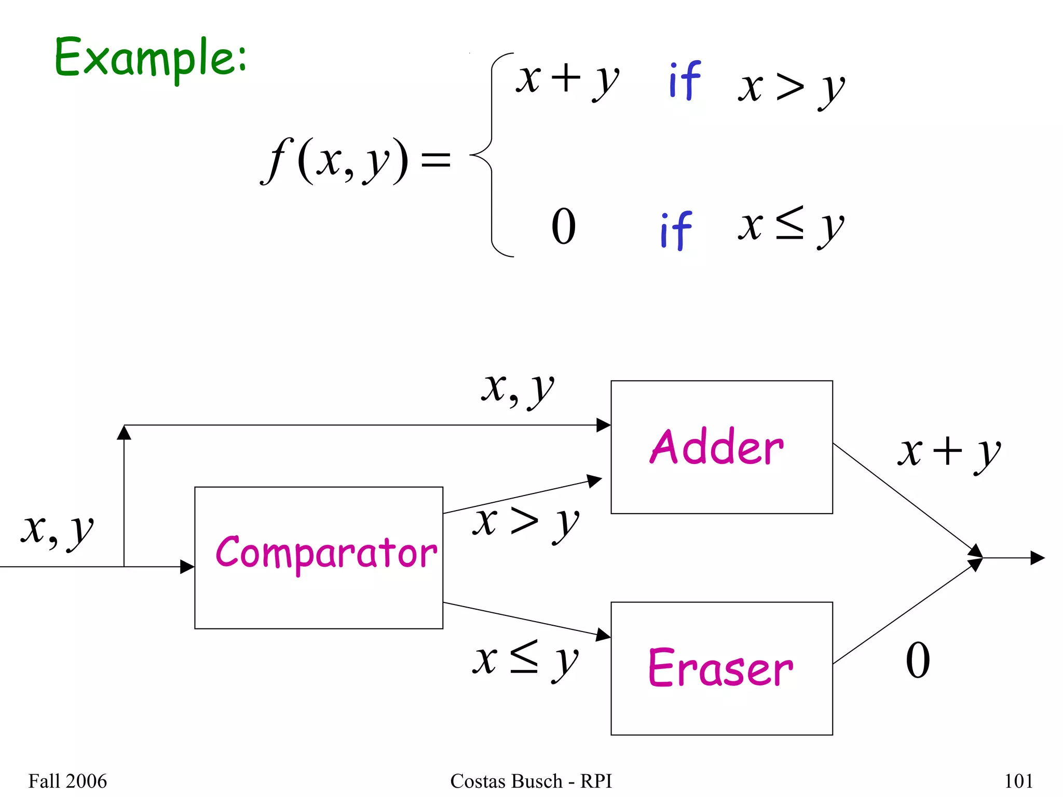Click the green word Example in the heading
151,58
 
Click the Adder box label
717,447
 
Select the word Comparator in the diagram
326,553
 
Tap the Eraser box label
720,668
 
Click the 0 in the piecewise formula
563,226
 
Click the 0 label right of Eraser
918,660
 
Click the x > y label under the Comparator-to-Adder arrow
525,523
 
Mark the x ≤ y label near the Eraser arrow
525,660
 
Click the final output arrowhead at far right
1037,558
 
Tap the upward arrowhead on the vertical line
124,432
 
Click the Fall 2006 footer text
67,781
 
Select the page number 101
1018,781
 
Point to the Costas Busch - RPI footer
531,781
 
